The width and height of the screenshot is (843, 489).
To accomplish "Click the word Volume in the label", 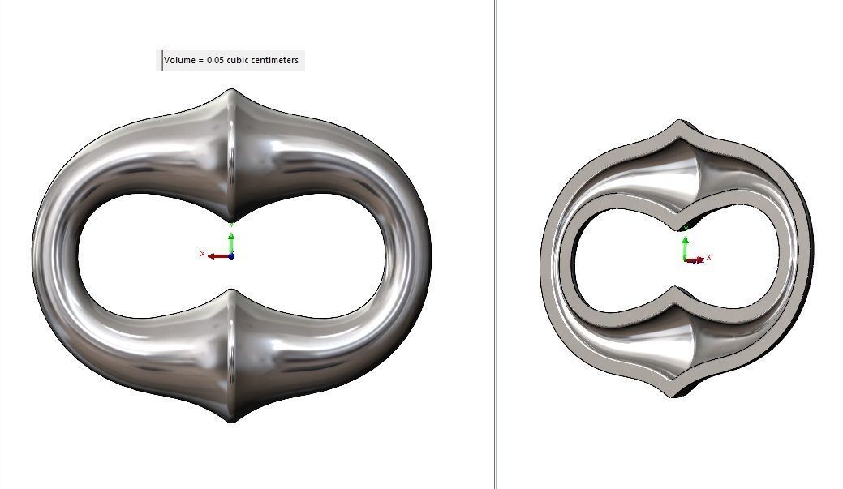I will (x=179, y=60).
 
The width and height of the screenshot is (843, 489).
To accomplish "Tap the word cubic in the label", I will (x=240, y=60).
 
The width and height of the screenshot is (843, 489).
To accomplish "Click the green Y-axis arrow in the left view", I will (x=231, y=242).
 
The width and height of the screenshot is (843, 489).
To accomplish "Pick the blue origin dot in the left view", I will (x=231, y=256).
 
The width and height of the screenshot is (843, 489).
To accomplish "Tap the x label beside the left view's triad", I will (x=202, y=254).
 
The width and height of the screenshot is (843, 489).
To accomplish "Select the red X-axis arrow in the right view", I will (x=696, y=260).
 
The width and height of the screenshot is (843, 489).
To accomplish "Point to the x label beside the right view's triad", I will (x=708, y=257).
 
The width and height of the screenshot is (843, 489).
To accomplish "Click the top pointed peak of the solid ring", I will (x=231, y=91).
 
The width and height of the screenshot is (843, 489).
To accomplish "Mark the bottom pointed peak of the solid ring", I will (x=231, y=420).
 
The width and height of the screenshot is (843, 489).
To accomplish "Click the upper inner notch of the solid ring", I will (x=231, y=221).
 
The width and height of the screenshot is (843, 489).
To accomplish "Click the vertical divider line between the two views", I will (x=496, y=243).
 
